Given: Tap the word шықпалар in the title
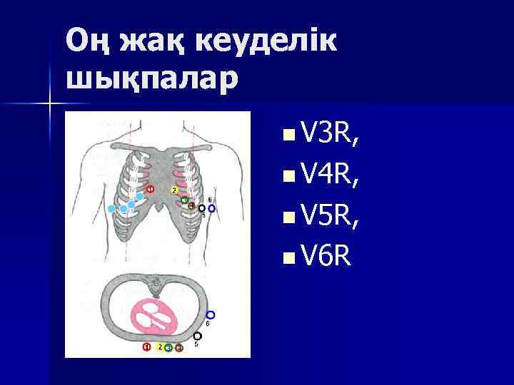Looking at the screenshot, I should tap(152, 77).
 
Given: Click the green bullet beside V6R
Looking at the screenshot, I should tap(287, 255).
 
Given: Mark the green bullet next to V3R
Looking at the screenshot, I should tap(287, 134).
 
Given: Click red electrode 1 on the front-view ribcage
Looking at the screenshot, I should tap(150, 189).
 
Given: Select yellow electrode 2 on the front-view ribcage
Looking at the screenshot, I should tap(174, 190).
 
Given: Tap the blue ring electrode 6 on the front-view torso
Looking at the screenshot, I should tap(211, 208).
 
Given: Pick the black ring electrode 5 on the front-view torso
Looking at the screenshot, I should tap(202, 208).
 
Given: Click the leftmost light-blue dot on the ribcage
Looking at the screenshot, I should tap(111, 208).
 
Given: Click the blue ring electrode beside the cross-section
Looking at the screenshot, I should tap(210, 314).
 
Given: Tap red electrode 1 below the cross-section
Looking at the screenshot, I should tap(146, 347).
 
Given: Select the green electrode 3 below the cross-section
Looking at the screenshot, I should tap(168, 348).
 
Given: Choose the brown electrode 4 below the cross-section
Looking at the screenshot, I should tap(179, 347).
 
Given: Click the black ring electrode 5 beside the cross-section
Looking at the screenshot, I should tap(198, 336).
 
